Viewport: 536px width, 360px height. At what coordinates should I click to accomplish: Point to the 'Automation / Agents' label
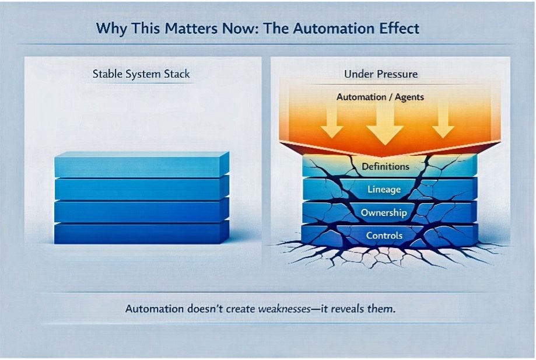tap(380, 97)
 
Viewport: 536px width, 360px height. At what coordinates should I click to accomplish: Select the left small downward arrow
tap(332, 122)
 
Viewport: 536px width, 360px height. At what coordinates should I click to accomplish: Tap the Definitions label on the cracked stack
tap(386, 167)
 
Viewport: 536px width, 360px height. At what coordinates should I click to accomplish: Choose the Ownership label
tap(383, 213)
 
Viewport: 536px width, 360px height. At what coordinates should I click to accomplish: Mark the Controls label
tap(384, 236)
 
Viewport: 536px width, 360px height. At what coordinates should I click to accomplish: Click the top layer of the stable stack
tap(140, 166)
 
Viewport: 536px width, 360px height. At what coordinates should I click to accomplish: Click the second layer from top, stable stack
tap(140, 188)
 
